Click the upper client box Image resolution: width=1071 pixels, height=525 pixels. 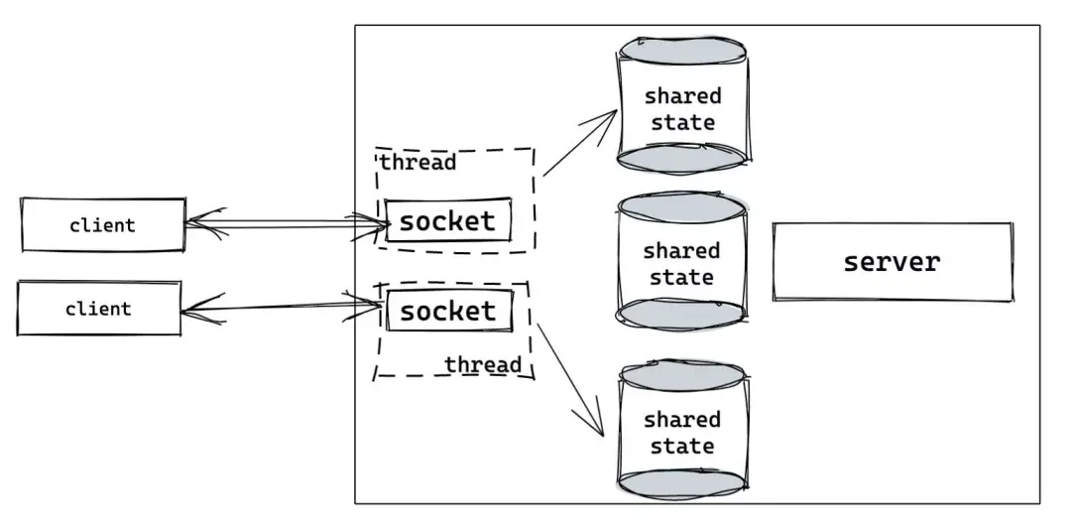pos(103,225)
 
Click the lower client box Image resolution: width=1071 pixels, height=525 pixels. pos(99,309)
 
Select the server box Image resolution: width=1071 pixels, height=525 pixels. pos(892,262)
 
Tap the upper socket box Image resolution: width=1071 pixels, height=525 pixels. pos(448,220)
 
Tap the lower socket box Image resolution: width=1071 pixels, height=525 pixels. pos(449,311)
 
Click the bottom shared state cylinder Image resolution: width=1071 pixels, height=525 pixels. pos(683,431)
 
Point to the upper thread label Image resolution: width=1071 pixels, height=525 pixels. pos(417,163)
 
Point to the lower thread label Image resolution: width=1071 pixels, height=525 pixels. pos(483,365)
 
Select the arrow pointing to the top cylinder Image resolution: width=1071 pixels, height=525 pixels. pos(580,142)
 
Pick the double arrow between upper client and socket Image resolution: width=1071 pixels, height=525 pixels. pos(287,223)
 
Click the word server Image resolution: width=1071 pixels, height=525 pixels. pos(892,262)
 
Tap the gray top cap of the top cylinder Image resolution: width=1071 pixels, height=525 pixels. pos(682,51)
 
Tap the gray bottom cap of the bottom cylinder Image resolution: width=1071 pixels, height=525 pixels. pos(683,484)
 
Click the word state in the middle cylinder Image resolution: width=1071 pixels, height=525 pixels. pos(681,278)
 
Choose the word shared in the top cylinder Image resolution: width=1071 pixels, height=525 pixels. pos(683,95)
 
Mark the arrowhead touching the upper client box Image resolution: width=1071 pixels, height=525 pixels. pos(205,223)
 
